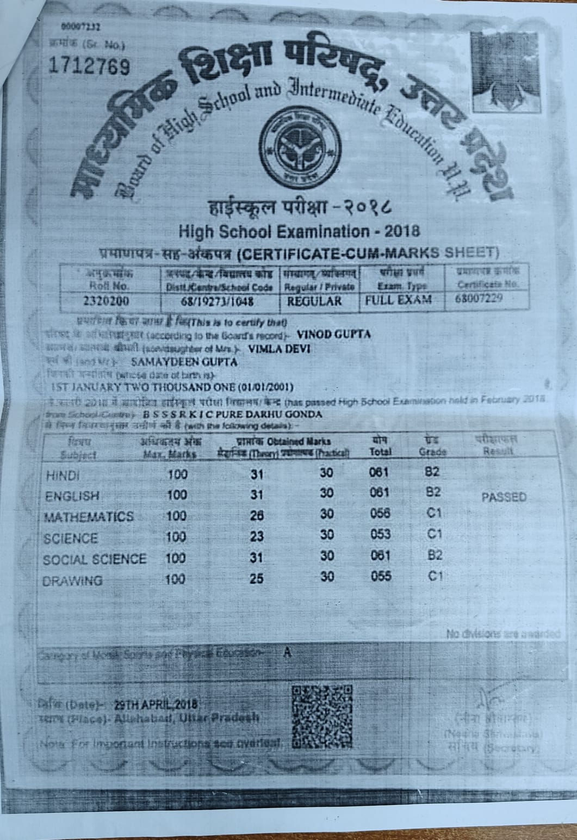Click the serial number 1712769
point(90,66)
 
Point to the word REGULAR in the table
point(314,301)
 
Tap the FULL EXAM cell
point(399,300)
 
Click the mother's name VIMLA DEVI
point(278,349)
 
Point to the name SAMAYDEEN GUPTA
point(184,362)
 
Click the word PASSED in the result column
point(504,497)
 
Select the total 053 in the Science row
point(380,534)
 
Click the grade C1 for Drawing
point(434,576)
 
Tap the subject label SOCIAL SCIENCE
point(95,559)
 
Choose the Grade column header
point(433,447)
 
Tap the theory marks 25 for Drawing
point(257,579)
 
